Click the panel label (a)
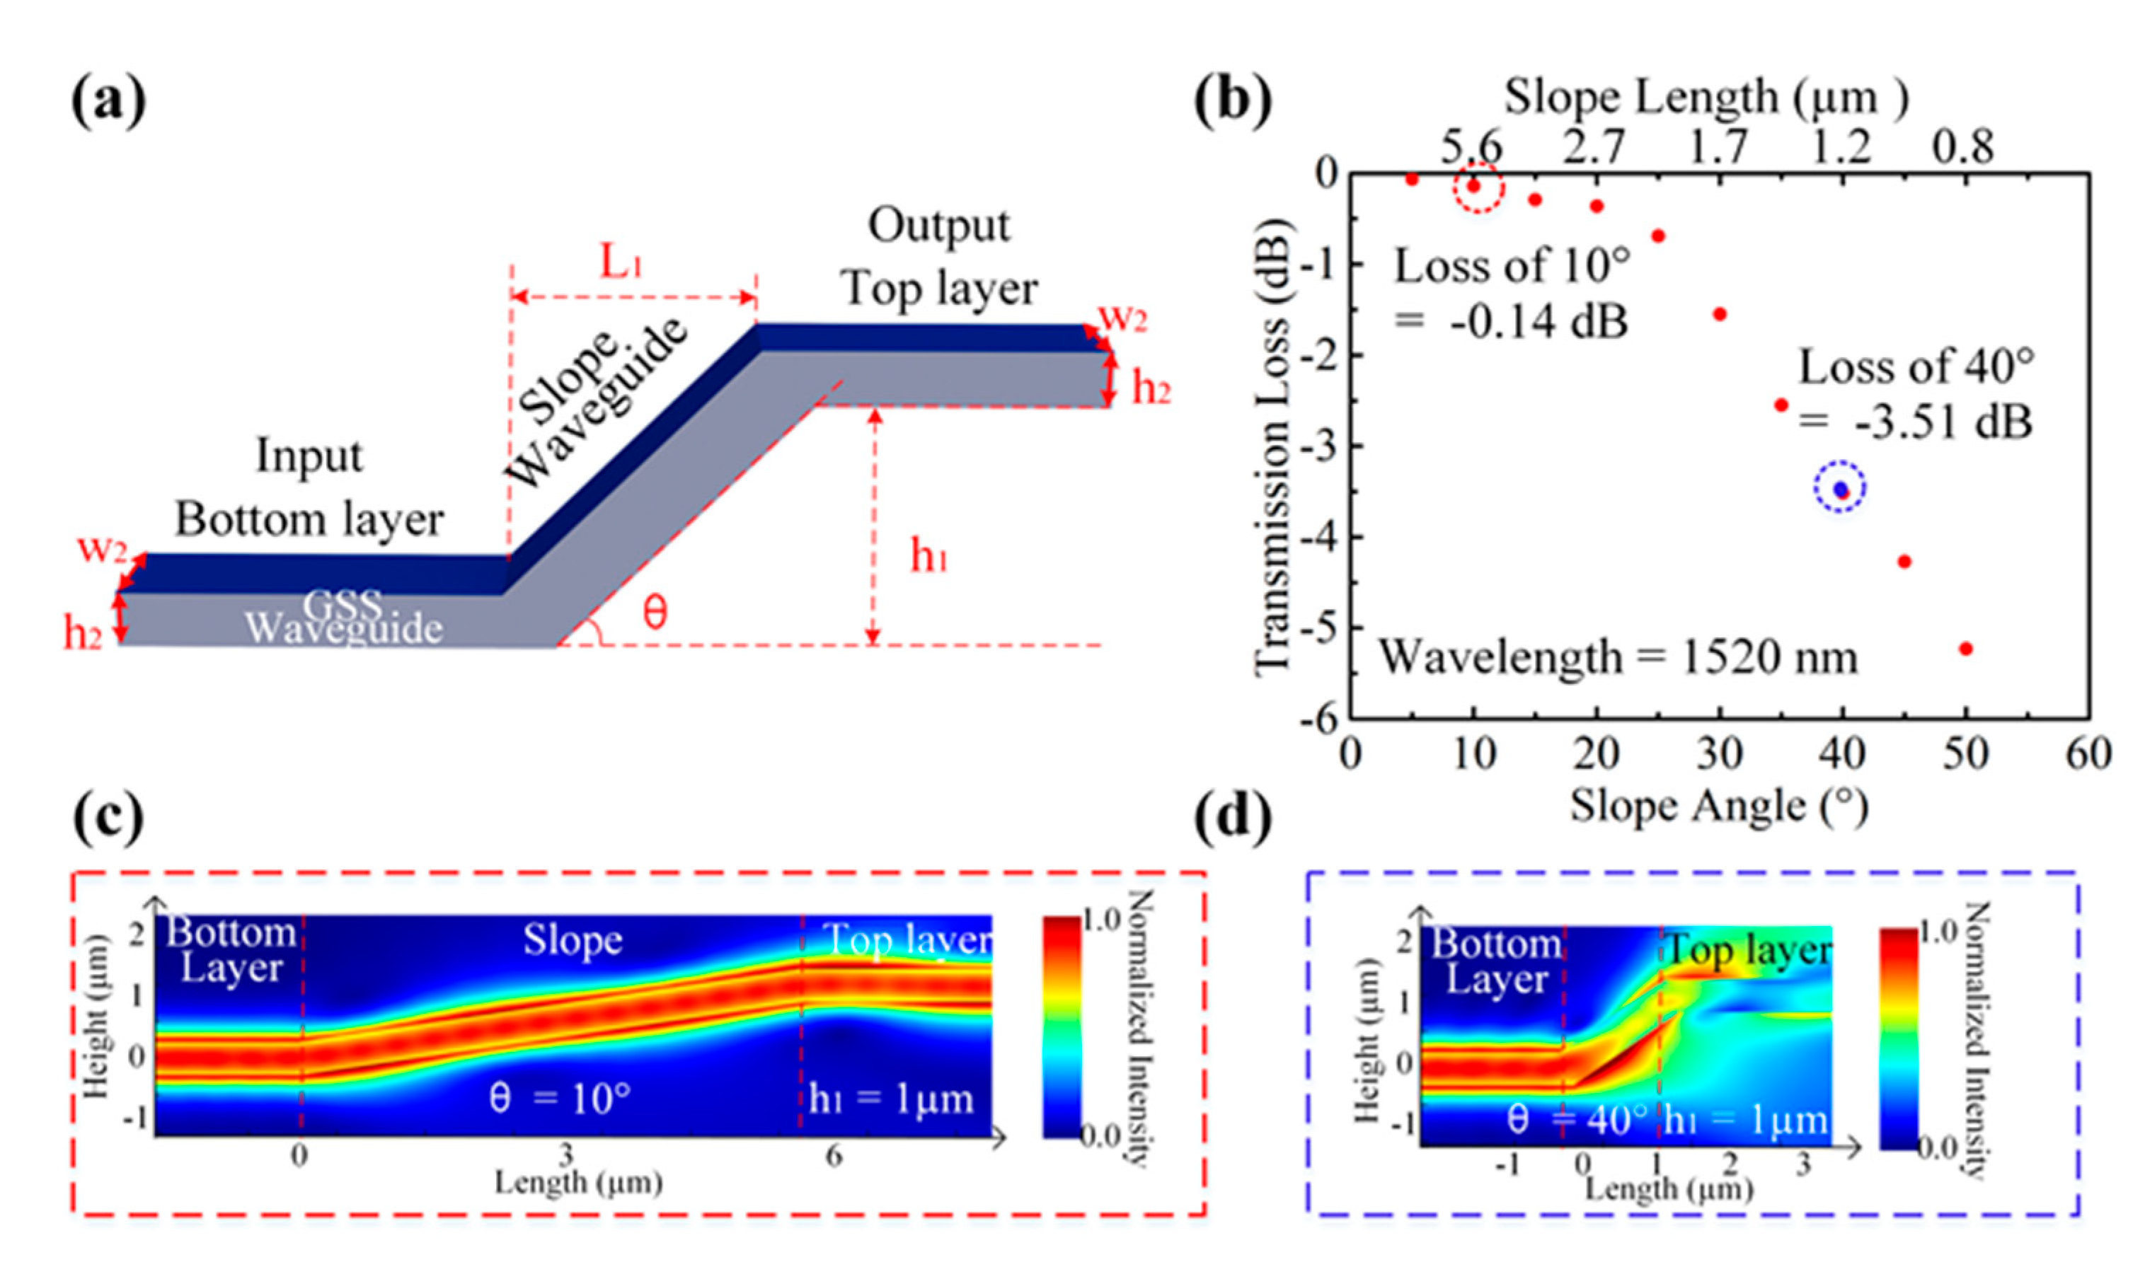pyautogui.click(x=109, y=100)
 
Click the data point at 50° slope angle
pyautogui.click(x=1965, y=649)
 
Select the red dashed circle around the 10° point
pyautogui.click(x=1478, y=186)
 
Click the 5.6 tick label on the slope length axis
pyautogui.click(x=1471, y=147)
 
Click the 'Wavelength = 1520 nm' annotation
pyautogui.click(x=1618, y=658)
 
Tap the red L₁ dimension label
pyautogui.click(x=620, y=262)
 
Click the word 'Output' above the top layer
pyautogui.click(x=939, y=226)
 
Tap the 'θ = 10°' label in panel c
pyautogui.click(x=560, y=1099)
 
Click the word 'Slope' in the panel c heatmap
pyautogui.click(x=572, y=940)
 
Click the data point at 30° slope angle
pyautogui.click(x=1720, y=314)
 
